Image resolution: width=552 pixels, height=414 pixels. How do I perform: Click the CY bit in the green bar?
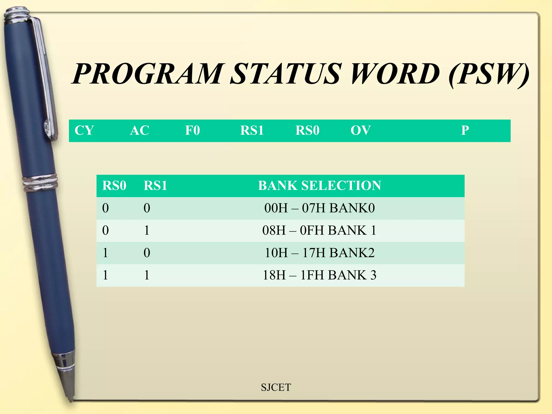pos(84,130)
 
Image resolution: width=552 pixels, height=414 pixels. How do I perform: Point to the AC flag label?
pos(139,130)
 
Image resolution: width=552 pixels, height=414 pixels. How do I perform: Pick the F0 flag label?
pos(192,130)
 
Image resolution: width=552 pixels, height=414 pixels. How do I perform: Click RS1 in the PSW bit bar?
pos(252,130)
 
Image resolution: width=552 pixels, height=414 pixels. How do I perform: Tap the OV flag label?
pos(361,130)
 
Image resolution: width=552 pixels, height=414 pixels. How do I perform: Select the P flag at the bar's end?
pos(465,130)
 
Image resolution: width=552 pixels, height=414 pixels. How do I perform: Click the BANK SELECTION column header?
pos(320,186)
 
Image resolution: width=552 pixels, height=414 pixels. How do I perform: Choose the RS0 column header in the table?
pos(114,186)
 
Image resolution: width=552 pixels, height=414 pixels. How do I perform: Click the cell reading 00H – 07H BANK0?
pos(320,208)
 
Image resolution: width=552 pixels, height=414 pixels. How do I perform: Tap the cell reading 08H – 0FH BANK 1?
pos(320,230)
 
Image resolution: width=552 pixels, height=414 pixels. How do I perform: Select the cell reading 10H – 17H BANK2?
pos(320,253)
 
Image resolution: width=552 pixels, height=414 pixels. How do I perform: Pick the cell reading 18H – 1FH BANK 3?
pos(320,275)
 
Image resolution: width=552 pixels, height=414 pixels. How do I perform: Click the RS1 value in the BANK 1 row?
pos(147,230)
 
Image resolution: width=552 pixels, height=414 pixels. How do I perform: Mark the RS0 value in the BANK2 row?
pos(105,253)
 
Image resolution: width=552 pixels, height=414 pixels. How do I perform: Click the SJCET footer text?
pos(276,387)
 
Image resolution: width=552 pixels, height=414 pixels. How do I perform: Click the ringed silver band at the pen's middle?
pos(40,183)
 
